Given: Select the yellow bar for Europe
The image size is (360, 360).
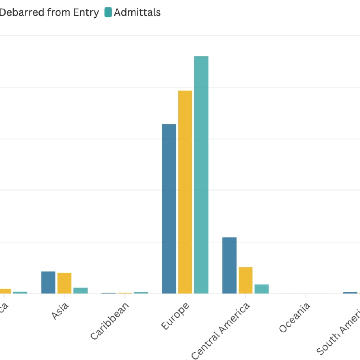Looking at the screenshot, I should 185,192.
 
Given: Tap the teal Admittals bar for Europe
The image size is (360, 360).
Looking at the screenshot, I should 201,174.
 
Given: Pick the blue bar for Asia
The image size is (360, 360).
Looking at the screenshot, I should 48,282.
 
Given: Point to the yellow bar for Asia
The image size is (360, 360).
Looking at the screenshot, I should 64,283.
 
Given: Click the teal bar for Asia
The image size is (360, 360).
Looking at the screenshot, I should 80,291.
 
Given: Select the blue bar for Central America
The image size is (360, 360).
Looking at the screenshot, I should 229,265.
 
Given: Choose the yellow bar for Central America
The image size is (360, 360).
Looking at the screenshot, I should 246,280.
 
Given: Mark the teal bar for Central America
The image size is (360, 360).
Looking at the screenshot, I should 262,289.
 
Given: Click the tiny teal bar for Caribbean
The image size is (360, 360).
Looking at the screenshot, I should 141,293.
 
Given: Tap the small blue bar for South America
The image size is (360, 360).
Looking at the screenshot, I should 350,293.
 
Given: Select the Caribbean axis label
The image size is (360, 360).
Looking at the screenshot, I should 110,321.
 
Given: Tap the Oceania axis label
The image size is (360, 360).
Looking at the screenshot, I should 294,318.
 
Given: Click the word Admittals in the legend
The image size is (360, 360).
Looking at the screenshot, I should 137,13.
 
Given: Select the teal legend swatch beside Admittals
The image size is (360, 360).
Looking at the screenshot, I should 108,13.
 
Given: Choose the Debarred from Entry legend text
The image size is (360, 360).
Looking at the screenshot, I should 49,13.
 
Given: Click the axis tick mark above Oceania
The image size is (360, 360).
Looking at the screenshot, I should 306,296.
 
